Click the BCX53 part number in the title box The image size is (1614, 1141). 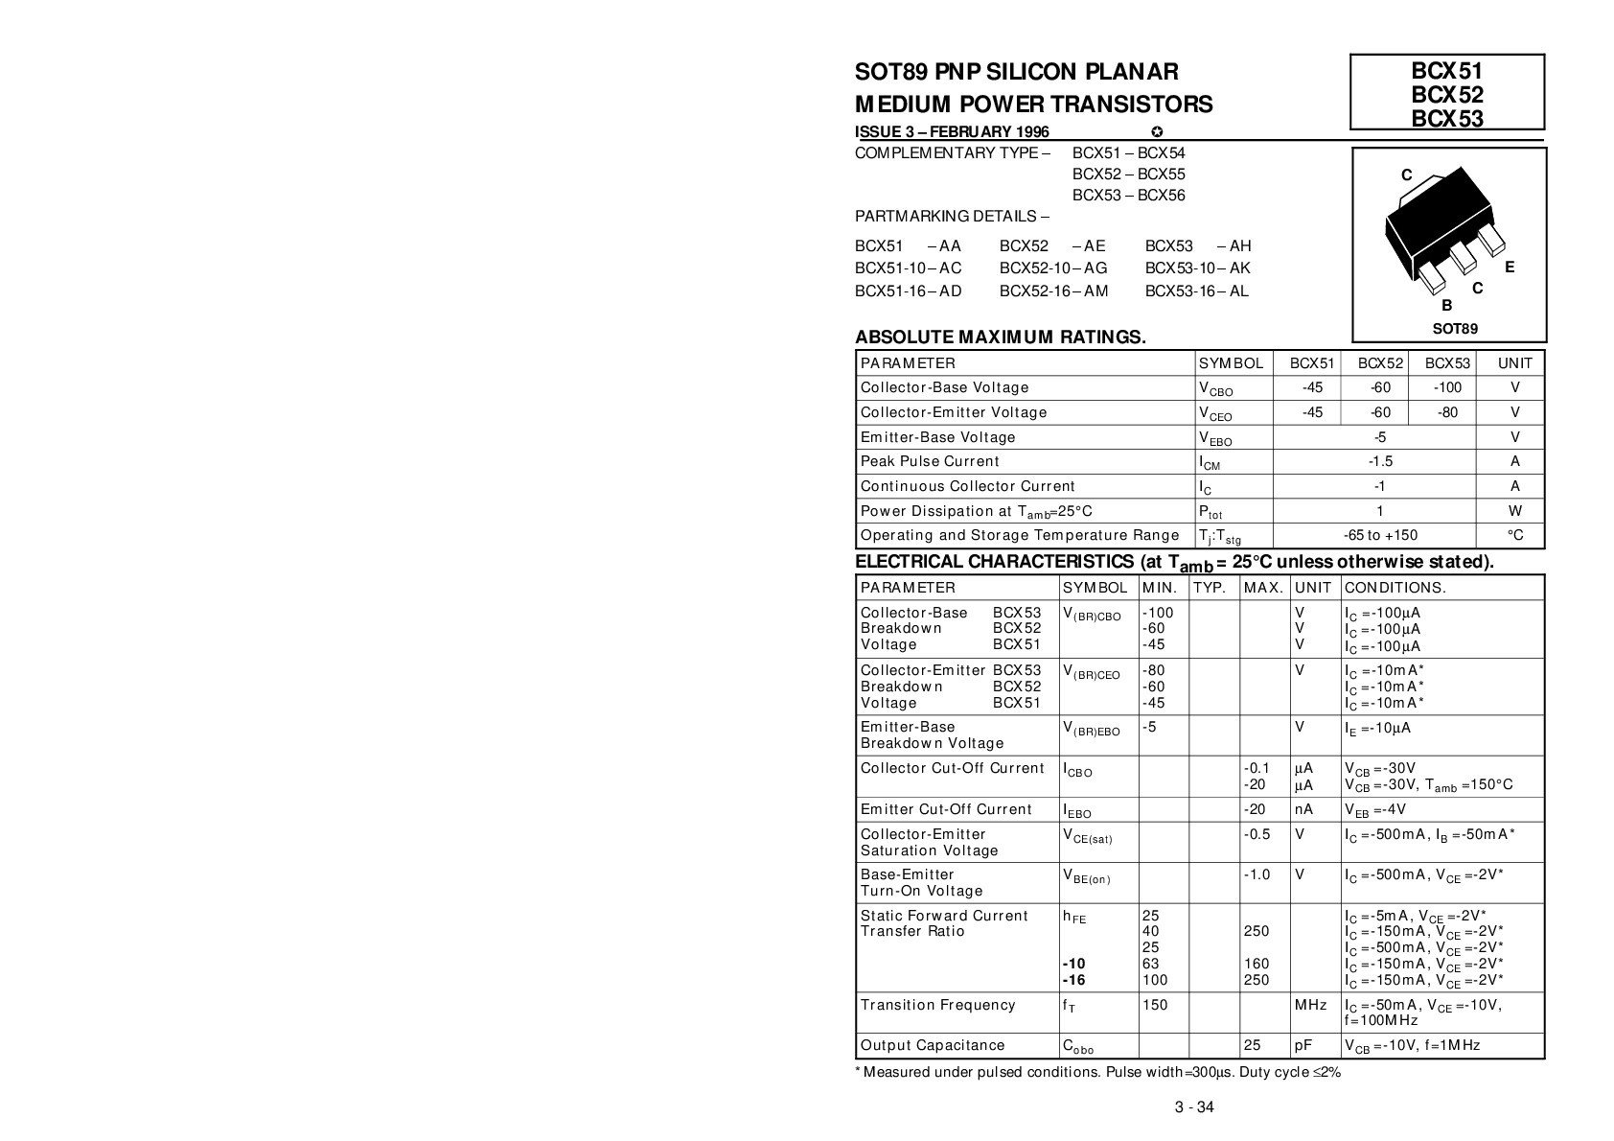(1446, 118)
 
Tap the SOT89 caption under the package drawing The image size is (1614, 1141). (1454, 328)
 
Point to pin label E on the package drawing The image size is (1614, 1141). (1510, 268)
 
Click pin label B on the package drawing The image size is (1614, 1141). (1446, 306)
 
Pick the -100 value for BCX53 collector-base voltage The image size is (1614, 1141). (1447, 387)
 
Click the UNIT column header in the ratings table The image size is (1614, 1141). (1514, 363)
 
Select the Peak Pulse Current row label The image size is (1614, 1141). (916, 461)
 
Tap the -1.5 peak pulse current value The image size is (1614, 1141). (1380, 461)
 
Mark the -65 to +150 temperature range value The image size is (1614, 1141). (1380, 535)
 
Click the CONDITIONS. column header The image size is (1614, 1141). (1395, 588)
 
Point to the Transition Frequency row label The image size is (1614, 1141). (924, 1005)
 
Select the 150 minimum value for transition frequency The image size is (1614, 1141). (1155, 1005)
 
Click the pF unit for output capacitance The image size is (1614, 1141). (1303, 1045)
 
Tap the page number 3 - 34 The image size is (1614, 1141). (1194, 1108)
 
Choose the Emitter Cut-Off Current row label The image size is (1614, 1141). (946, 809)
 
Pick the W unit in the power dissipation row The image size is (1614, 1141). (1514, 511)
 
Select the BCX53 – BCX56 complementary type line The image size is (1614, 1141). (1128, 196)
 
